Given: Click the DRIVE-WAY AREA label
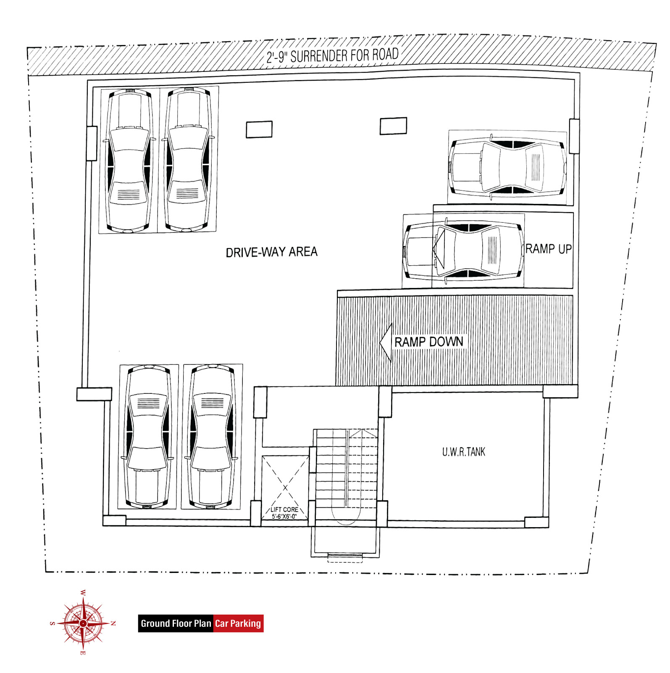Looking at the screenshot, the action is (272, 252).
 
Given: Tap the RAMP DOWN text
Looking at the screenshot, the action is (429, 342).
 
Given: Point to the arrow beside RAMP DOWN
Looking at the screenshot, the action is (386, 343).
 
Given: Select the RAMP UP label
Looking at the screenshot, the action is (549, 249).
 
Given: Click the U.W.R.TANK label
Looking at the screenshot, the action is (464, 452).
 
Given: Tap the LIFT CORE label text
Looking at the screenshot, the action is (284, 509).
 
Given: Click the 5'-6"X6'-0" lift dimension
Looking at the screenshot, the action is (284, 516).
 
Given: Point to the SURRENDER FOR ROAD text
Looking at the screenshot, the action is (344, 55).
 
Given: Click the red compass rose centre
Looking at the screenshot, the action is (83, 623).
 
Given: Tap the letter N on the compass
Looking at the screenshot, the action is (113, 623).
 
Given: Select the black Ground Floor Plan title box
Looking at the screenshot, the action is (176, 623).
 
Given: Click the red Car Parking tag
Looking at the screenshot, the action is (239, 623).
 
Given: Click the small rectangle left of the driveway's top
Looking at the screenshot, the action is (259, 129).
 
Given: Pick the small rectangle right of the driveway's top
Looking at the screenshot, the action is (393, 126).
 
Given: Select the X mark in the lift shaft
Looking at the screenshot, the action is (285, 488).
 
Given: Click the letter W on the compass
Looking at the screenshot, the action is (83, 593).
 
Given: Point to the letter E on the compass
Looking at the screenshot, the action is (83, 653).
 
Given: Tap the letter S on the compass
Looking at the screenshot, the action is (53, 623).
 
